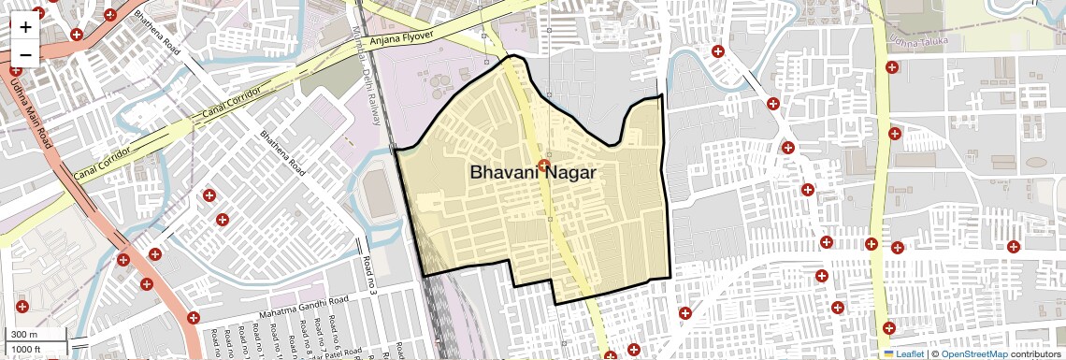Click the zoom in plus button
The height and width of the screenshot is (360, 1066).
(x=25, y=26)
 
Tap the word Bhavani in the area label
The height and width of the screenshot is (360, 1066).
(x=503, y=173)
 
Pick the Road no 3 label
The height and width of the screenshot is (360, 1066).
(x=370, y=277)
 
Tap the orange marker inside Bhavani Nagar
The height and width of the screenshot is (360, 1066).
(x=543, y=166)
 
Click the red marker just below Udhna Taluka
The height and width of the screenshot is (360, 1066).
(x=892, y=67)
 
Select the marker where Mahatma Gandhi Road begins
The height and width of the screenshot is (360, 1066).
(x=194, y=318)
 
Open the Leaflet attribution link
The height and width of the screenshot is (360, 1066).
(x=910, y=354)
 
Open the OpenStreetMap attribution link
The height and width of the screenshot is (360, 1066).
(x=973, y=354)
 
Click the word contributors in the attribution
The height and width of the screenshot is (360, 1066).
(x=1036, y=354)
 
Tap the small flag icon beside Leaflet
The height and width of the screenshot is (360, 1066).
(x=889, y=354)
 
